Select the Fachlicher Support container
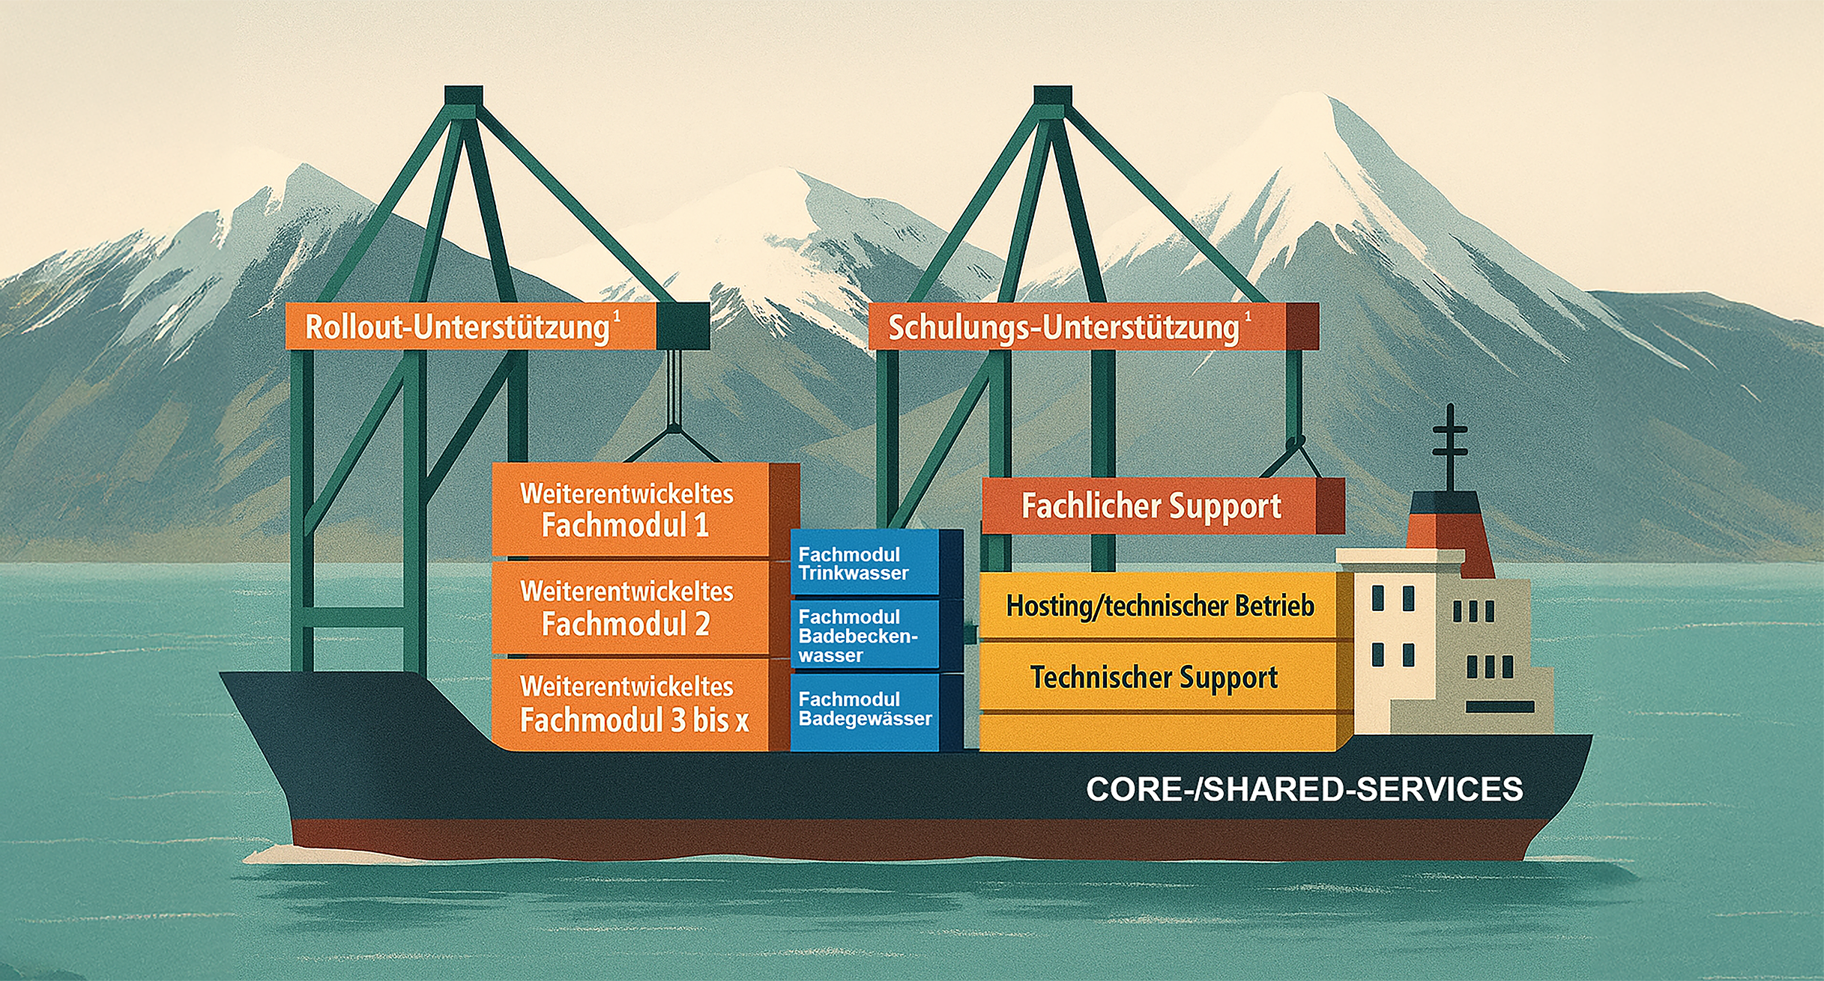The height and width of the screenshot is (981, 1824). coord(1151,506)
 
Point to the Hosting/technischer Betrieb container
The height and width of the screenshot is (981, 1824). coord(1160,606)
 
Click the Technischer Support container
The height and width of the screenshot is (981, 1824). coord(1154,677)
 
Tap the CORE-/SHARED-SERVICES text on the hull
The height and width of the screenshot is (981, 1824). coord(1304,789)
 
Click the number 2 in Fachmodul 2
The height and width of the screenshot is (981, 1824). coord(701,624)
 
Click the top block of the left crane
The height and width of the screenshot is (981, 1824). coord(463,96)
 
